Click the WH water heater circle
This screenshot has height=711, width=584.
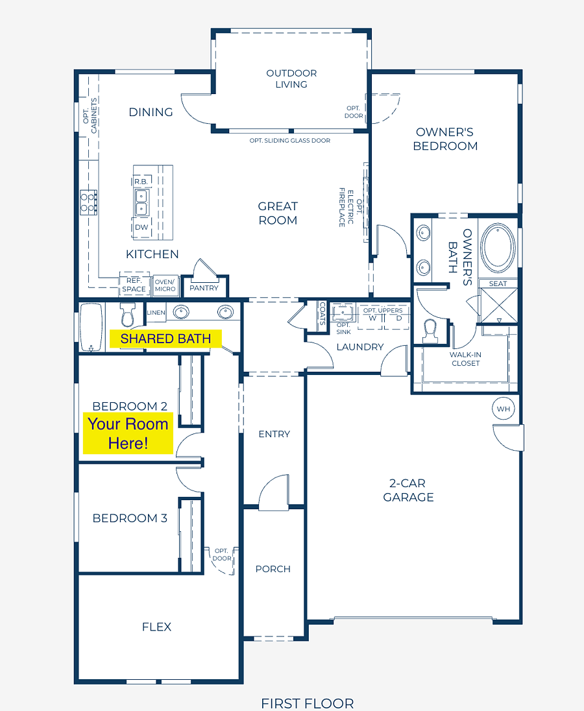tap(504, 409)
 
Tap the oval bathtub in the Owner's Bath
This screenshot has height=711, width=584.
tap(498, 248)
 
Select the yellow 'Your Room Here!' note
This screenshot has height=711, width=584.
tap(128, 433)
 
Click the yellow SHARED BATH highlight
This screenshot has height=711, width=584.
tap(165, 339)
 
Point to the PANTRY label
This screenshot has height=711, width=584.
tap(204, 288)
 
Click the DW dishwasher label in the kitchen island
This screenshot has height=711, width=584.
tap(141, 227)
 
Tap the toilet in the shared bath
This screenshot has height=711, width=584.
tap(127, 314)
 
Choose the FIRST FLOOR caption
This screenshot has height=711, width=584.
tap(308, 703)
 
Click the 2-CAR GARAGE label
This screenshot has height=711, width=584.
tap(408, 490)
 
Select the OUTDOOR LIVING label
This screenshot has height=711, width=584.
tap(291, 79)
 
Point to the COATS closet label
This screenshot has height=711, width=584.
tap(322, 314)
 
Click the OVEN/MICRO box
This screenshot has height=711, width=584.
tap(165, 285)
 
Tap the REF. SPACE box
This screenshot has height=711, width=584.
tap(134, 285)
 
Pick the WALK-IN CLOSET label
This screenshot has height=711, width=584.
tap(466, 359)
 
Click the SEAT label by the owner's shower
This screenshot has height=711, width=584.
tap(498, 284)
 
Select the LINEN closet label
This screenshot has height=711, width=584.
tap(156, 313)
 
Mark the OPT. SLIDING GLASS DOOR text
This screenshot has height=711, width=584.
tap(290, 141)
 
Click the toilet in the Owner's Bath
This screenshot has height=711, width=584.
tap(430, 331)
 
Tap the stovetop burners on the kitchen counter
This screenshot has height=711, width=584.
tap(88, 202)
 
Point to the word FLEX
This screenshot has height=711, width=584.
tap(156, 627)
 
